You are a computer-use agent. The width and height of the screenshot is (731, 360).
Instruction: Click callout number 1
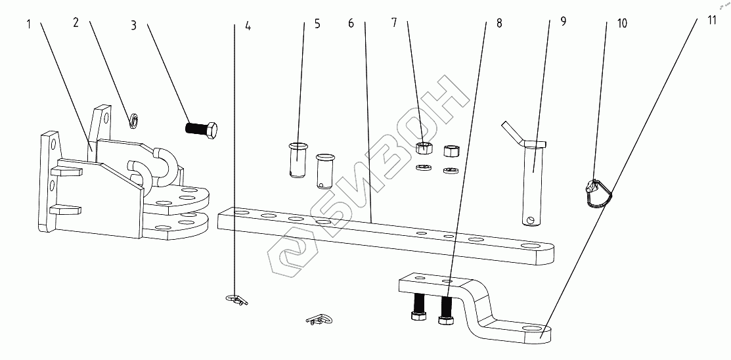[x=29, y=24]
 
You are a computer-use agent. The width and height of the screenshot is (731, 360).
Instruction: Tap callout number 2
[x=76, y=23]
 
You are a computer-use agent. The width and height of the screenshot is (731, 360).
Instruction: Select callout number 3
[x=133, y=26]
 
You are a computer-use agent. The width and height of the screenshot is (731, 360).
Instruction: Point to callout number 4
[x=248, y=27]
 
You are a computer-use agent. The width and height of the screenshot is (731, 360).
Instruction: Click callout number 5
[x=317, y=24]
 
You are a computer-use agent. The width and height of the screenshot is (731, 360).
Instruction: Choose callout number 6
[x=351, y=24]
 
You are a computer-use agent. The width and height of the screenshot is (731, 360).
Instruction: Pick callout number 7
[x=394, y=23]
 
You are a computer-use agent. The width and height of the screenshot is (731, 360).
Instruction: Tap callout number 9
[x=563, y=22]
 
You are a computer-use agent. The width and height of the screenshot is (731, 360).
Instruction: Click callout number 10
[x=621, y=24]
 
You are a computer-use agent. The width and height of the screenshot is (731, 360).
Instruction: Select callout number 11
[x=712, y=19]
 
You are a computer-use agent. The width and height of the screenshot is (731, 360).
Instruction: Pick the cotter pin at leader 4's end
[x=237, y=300]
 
